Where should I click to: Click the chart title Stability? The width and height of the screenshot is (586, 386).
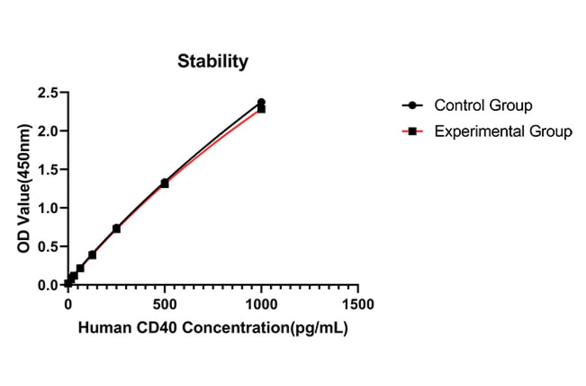(213, 62)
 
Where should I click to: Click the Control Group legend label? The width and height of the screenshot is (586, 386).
(483, 105)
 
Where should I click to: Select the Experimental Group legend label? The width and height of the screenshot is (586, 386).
(503, 131)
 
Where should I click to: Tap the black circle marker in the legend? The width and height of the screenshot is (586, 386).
(412, 105)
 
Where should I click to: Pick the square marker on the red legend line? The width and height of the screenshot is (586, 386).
(412, 131)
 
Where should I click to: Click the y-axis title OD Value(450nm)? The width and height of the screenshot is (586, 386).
(24, 188)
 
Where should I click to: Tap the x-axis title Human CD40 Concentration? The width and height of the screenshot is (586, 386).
(213, 329)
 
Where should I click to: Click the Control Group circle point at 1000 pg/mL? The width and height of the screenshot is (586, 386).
(261, 102)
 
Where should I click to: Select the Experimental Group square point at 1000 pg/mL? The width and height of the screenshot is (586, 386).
(261, 109)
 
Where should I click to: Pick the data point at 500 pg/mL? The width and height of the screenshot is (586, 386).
(165, 183)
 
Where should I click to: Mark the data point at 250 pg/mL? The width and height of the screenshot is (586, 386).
(117, 229)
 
